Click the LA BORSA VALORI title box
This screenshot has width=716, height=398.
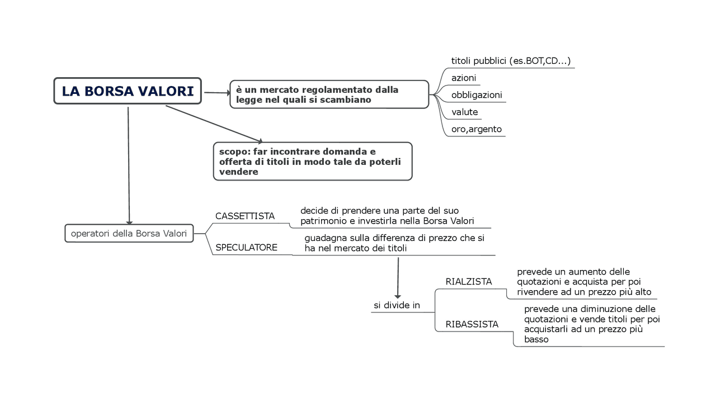(128, 91)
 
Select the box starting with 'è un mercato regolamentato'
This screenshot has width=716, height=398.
(329, 94)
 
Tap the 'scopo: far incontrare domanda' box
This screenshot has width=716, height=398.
(312, 161)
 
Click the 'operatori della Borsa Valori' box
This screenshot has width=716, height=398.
(129, 234)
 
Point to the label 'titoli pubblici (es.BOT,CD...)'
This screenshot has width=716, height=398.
(511, 61)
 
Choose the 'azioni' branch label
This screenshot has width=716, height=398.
(464, 78)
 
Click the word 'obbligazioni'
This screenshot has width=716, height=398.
(477, 95)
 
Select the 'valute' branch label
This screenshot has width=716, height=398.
(465, 112)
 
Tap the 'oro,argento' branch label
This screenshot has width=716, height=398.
(477, 129)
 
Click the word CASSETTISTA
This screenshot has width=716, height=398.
(245, 216)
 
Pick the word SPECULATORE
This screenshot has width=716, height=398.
(247, 247)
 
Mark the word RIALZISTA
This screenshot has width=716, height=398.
(469, 282)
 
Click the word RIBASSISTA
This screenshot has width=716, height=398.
(472, 324)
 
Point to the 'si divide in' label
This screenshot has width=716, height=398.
(397, 305)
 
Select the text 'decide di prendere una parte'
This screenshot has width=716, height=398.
(387, 216)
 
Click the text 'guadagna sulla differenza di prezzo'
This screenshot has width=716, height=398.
(394, 243)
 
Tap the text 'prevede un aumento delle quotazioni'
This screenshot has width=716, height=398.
(584, 282)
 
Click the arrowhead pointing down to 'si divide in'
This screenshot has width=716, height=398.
(398, 296)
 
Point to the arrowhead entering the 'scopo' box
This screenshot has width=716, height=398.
(259, 141)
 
